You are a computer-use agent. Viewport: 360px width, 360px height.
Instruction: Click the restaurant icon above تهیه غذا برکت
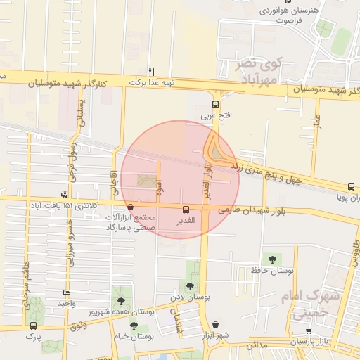(x=151, y=72)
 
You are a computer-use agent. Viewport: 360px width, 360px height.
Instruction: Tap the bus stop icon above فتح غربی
(x=215, y=103)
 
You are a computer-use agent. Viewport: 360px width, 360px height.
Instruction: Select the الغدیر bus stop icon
(x=186, y=210)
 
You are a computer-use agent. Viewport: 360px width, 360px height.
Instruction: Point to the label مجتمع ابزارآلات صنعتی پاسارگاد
(x=134, y=223)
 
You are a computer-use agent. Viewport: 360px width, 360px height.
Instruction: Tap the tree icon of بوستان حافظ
(x=267, y=259)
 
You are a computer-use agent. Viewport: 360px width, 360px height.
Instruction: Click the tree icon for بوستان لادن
(x=190, y=286)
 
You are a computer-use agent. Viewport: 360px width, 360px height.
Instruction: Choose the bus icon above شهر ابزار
(x=214, y=324)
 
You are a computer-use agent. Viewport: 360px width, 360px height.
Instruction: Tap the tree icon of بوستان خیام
(x=134, y=326)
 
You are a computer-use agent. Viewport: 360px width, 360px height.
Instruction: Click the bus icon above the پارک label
(x=33, y=326)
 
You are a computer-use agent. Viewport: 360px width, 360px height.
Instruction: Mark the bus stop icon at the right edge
(x=351, y=186)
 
